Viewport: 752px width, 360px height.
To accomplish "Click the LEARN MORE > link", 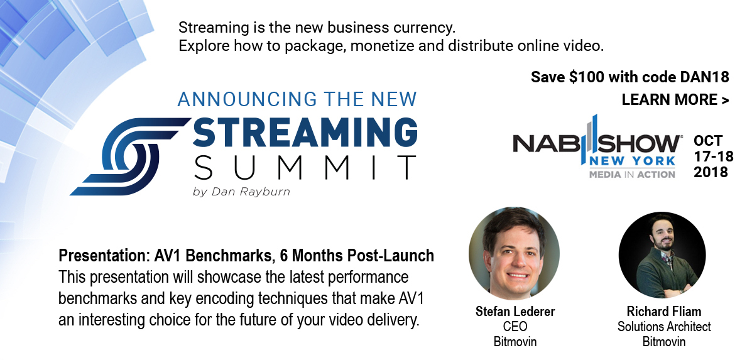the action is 675,100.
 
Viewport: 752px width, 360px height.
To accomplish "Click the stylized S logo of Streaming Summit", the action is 130,156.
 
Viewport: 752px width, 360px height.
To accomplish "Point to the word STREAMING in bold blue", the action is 305,133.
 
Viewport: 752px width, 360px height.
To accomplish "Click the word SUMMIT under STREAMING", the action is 305,167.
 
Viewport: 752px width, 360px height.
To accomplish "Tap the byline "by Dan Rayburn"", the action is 241,192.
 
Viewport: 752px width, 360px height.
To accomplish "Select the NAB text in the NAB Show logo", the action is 547,143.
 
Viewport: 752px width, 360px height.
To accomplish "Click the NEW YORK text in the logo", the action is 632,161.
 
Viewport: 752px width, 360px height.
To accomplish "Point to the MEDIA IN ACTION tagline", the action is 632,174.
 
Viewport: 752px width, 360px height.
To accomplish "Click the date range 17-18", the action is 713,156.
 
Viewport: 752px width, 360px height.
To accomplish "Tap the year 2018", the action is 711,172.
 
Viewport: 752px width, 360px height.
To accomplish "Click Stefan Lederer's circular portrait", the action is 514,253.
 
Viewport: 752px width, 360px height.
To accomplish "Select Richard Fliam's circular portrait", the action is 662,255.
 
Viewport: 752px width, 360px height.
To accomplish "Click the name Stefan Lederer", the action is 515,312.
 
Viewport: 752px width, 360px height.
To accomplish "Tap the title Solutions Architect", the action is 664,327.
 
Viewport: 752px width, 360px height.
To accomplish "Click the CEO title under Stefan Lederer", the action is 515,327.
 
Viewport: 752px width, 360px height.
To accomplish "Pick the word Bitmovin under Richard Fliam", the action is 664,342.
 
